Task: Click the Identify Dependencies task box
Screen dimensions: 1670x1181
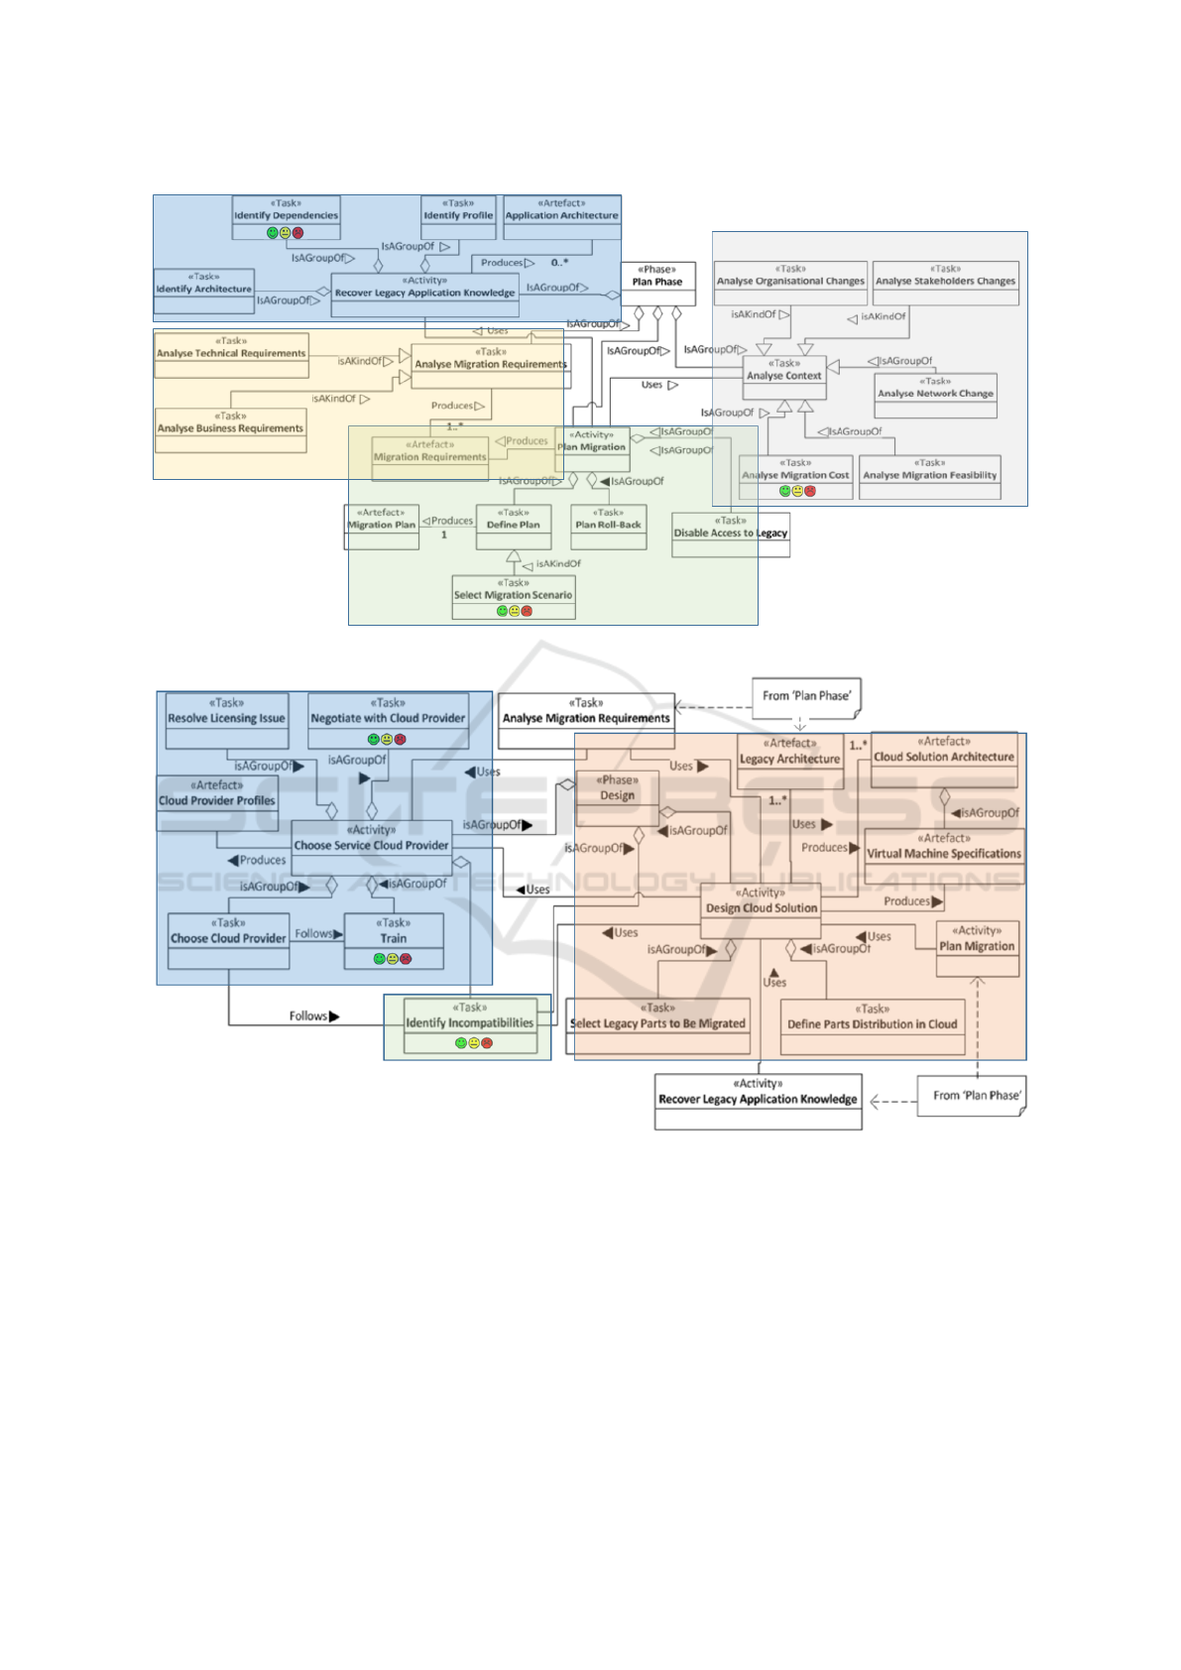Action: pyautogui.click(x=286, y=214)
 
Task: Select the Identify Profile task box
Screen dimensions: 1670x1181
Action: pyautogui.click(x=458, y=214)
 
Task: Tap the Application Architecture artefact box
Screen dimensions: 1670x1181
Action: pyautogui.click(x=561, y=214)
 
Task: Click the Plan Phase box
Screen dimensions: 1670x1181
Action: pyautogui.click(x=657, y=281)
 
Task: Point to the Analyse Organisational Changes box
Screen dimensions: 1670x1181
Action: pyautogui.click(x=790, y=281)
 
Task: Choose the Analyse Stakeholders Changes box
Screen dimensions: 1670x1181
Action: pyautogui.click(x=945, y=281)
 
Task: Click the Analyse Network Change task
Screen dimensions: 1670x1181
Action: pyautogui.click(x=935, y=393)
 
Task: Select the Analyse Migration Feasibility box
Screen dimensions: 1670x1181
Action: pyautogui.click(x=929, y=475)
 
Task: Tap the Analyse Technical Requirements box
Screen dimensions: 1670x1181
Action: pyautogui.click(x=231, y=353)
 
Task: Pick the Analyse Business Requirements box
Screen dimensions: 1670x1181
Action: pyautogui.click(x=230, y=428)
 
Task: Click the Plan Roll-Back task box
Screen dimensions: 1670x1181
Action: pyautogui.click(x=608, y=525)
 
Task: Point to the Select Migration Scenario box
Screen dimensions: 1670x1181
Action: pyautogui.click(x=513, y=595)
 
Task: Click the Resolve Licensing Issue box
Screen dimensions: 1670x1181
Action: pyautogui.click(x=226, y=718)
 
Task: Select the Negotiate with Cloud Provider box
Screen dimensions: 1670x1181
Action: pyautogui.click(x=388, y=718)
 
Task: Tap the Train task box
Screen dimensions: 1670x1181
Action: pyautogui.click(x=394, y=938)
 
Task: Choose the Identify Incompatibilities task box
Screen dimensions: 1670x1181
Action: pyautogui.click(x=470, y=1022)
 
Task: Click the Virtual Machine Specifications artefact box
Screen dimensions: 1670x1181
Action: pyautogui.click(x=944, y=853)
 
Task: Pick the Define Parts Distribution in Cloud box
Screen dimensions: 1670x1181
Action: pyautogui.click(x=873, y=1023)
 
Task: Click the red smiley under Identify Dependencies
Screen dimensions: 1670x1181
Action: pyautogui.click(x=298, y=233)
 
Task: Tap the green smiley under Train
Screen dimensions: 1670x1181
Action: pyautogui.click(x=379, y=959)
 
